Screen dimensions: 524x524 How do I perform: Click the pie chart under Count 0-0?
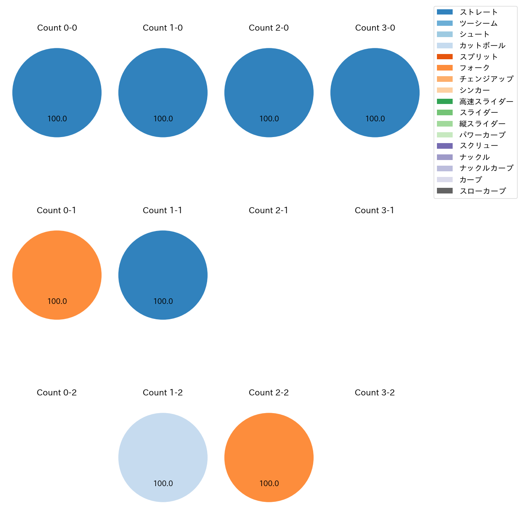57,93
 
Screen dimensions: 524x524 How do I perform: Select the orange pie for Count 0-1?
57,275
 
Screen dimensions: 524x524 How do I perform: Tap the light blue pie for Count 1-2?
163,457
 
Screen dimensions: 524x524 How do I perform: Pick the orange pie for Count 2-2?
269,457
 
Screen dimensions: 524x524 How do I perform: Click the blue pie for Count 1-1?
163,275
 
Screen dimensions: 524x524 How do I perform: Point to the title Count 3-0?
375,28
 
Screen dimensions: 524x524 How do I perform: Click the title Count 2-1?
268,210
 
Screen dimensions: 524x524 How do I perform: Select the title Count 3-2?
374,393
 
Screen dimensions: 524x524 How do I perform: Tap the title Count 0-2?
57,393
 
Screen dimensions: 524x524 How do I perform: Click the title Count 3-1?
374,210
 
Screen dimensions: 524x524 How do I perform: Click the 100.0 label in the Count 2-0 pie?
269,119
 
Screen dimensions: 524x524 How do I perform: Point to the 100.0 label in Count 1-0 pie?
163,119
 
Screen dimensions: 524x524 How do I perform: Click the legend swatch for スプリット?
445,57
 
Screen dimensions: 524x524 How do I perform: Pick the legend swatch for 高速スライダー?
445,102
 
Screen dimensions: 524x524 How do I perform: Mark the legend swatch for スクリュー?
445,146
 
